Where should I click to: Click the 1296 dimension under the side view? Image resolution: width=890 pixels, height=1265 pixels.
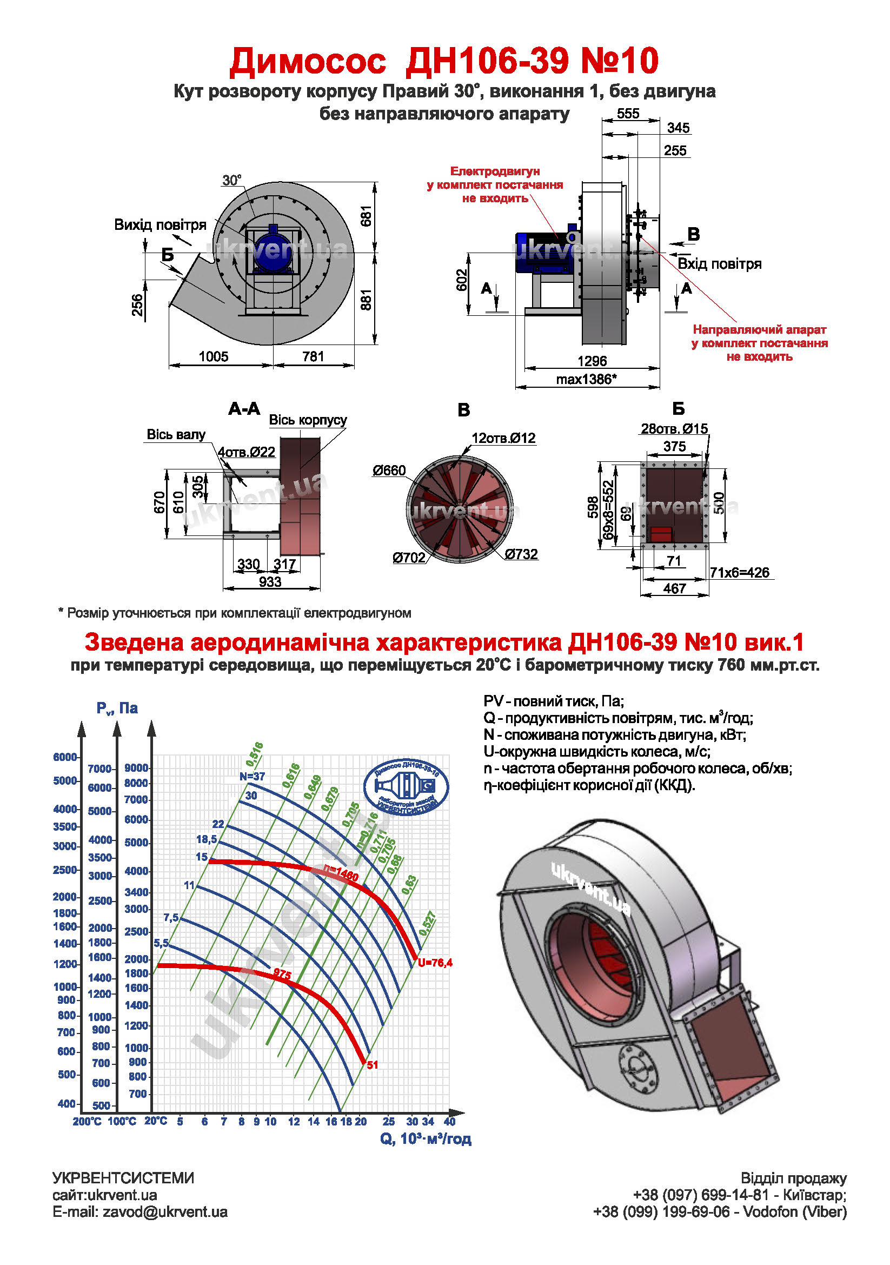coord(592,361)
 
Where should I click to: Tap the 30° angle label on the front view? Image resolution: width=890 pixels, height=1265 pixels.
coord(231,180)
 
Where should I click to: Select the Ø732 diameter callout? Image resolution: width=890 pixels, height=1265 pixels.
coord(521,554)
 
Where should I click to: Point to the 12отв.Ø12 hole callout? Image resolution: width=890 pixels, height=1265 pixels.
coord(503,438)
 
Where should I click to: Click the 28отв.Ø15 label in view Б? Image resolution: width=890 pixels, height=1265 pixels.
coord(674,429)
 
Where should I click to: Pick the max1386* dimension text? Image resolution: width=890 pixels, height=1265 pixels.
coord(586,379)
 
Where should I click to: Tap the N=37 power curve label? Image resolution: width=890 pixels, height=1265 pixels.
coord(253,776)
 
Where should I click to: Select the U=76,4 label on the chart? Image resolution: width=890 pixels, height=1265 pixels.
coord(435,963)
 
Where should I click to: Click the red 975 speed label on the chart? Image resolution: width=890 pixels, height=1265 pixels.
coord(282,975)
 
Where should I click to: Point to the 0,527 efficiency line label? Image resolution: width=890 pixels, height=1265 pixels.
coord(427,923)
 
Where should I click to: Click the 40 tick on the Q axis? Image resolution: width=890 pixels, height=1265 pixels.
coord(449,1121)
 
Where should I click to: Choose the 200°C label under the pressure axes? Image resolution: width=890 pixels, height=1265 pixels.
coord(87,1121)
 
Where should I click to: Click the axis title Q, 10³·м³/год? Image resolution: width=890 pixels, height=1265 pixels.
coord(425,1139)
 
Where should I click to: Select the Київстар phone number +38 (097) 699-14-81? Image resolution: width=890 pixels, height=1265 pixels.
coord(700,1195)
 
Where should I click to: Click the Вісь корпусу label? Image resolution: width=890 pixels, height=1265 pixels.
coord(307,420)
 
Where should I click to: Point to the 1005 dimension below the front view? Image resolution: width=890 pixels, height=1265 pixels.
coord(213,356)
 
